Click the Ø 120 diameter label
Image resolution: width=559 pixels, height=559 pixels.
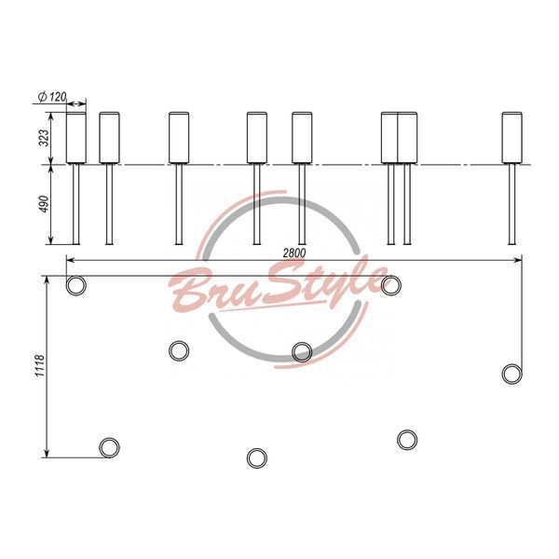(52, 97)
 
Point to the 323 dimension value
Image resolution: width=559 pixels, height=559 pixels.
(44, 138)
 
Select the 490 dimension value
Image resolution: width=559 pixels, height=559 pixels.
(44, 204)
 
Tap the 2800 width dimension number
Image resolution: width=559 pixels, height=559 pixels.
(294, 252)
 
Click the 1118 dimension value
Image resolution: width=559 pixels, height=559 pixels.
(39, 366)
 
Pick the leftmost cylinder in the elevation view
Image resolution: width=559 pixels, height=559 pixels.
(76, 138)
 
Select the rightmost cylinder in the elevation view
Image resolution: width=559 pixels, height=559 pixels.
(511, 138)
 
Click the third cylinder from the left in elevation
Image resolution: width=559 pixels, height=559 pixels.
(179, 138)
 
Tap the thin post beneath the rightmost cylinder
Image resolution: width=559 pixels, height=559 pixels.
(511, 204)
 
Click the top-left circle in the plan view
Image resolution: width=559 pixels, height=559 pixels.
(76, 285)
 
